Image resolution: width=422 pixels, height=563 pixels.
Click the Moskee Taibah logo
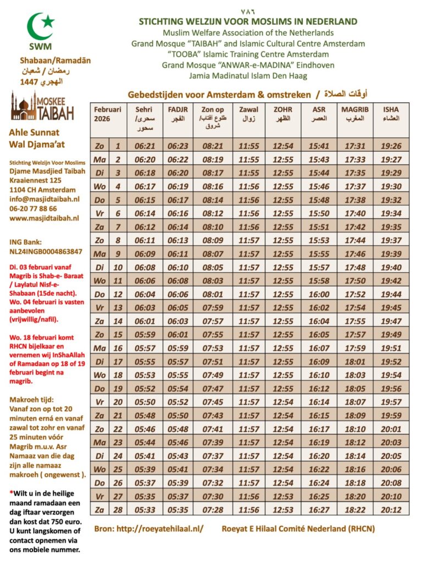tap(42, 106)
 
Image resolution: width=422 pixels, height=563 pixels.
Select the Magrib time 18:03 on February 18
tap(354, 376)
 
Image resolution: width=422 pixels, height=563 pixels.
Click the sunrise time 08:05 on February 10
tap(213, 268)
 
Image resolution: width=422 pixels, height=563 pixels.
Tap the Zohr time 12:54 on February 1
tap(283, 146)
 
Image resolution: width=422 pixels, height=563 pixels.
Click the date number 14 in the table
tap(117, 322)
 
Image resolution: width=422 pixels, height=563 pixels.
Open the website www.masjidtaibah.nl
tap(44, 218)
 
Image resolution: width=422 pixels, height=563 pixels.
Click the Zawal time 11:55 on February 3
tap(249, 173)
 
